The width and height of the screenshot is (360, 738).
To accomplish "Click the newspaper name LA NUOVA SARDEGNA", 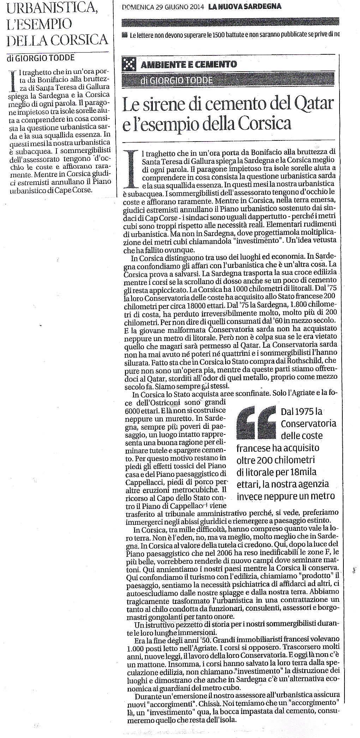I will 245,7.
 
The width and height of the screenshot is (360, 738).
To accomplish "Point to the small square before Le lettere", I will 124,35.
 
